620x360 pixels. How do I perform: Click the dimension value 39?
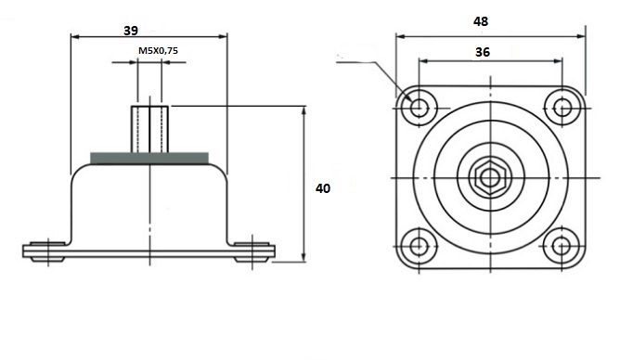point(131,31)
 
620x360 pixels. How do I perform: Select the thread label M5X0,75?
point(158,51)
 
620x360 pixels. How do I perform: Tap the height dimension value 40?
point(323,188)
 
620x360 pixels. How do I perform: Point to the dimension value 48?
point(481,21)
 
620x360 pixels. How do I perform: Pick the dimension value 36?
point(483,52)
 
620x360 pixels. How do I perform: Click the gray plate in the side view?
point(149,158)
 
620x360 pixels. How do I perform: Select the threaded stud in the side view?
point(149,129)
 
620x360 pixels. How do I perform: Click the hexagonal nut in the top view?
point(490,178)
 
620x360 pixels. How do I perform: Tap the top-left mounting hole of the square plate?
point(419,107)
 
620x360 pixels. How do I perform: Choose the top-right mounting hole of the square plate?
point(562,108)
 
